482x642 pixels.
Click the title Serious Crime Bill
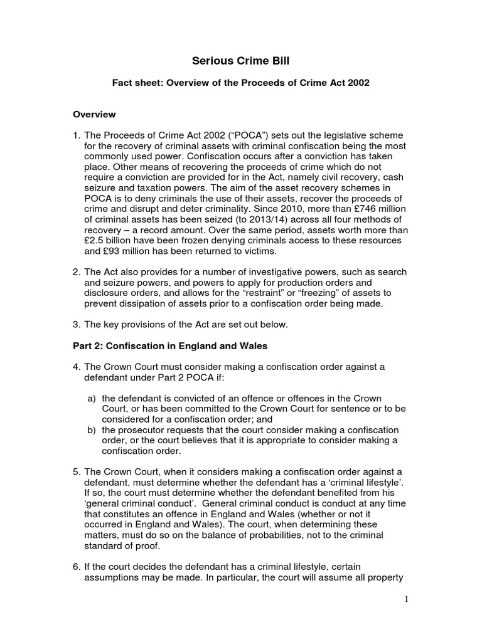point(240,61)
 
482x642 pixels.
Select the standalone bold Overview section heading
point(94,115)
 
